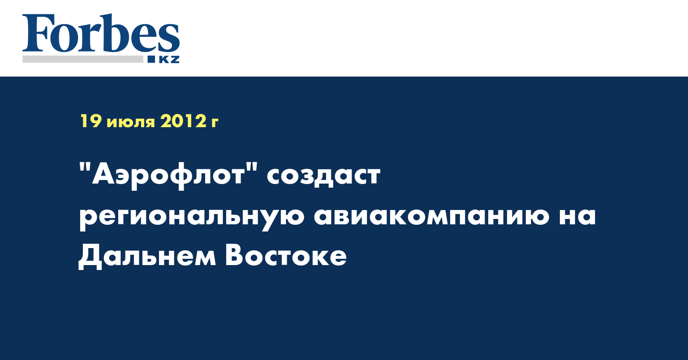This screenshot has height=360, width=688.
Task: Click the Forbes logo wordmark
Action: (x=101, y=34)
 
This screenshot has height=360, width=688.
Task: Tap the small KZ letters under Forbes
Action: (x=169, y=60)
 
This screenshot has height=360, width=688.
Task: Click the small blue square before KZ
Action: (x=151, y=59)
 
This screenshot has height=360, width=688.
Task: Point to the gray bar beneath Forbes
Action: (x=83, y=59)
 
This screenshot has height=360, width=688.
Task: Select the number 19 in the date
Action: (x=90, y=121)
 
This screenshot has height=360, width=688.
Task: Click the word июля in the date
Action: (x=131, y=123)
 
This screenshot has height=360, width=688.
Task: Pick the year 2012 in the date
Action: (x=183, y=121)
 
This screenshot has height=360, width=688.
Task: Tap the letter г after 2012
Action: (x=215, y=123)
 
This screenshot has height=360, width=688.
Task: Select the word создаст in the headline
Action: (x=323, y=176)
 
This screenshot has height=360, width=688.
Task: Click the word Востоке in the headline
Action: (x=286, y=255)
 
